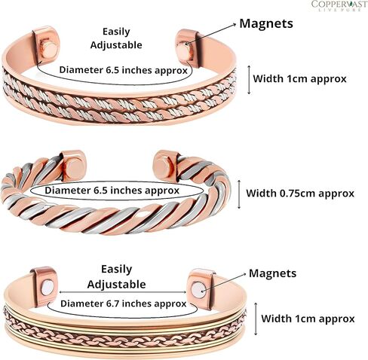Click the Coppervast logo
339,5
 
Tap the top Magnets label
266,24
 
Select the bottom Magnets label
272,273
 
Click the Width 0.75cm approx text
300,194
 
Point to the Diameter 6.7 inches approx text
124,304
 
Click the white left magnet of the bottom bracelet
48,288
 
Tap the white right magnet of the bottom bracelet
198,290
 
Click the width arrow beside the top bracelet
249,80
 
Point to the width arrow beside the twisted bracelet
239,194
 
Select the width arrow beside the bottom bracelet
256,319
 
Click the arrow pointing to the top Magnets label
211,34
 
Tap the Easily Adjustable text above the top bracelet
116,38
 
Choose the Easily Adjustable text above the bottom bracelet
116,277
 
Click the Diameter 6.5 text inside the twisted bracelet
112,191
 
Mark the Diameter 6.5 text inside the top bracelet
124,70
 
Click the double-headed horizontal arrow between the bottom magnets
123,292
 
